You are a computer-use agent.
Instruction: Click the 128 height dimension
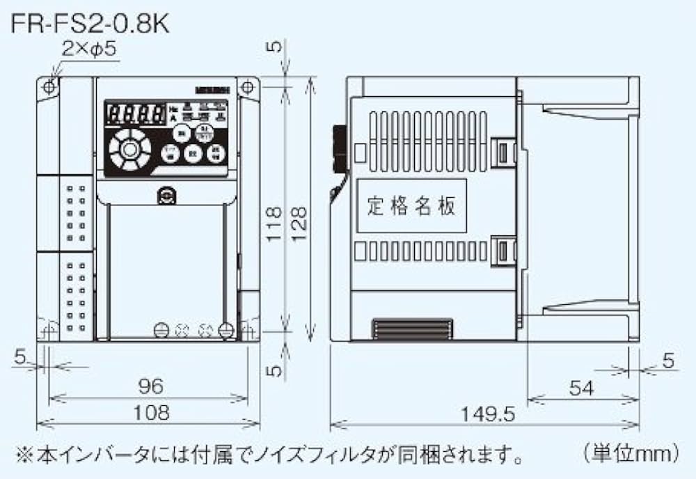pyautogui.click(x=298, y=223)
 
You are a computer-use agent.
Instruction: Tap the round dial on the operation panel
pyautogui.click(x=129, y=148)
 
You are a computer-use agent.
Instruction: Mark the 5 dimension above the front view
pyautogui.click(x=275, y=47)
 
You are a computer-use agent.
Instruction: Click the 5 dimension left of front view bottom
pyautogui.click(x=20, y=358)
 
